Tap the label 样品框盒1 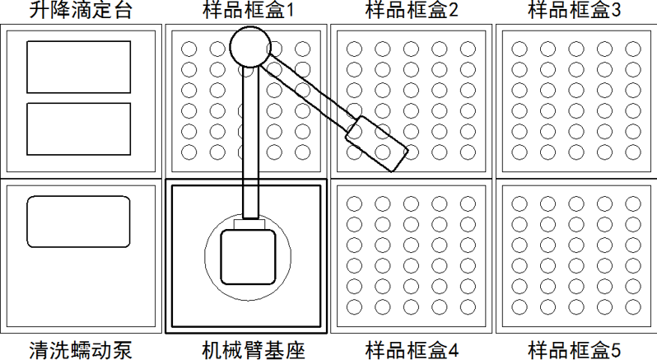247,11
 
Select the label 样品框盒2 412,11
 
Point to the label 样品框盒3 575,11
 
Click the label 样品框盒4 412,349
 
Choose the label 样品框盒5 575,349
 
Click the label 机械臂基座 247,349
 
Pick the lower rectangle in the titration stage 79,129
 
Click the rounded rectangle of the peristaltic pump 79,222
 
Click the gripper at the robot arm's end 376,143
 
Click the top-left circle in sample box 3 520,49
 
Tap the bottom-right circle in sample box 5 632,306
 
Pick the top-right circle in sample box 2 468,49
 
